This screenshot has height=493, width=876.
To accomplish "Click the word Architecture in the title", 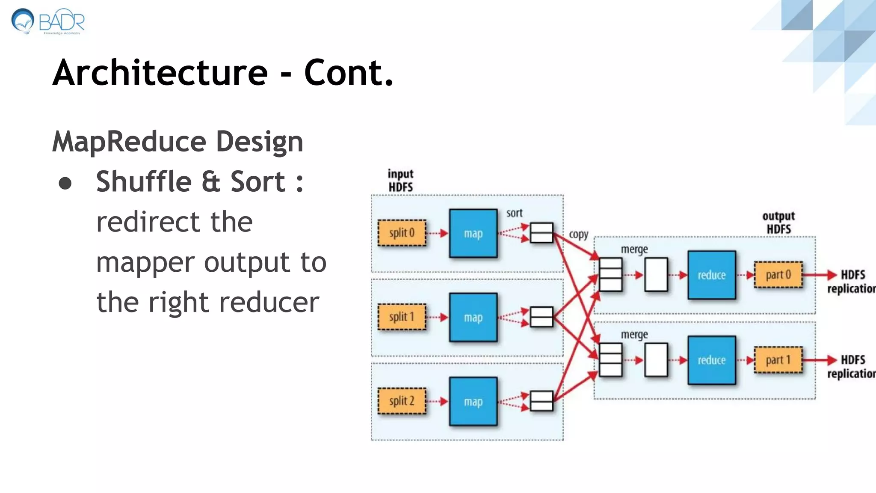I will pyautogui.click(x=160, y=73).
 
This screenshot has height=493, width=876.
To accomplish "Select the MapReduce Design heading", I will pyautogui.click(x=178, y=142).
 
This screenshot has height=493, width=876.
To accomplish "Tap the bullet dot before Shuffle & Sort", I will pyautogui.click(x=65, y=183).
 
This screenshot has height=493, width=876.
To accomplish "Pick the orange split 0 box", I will pyautogui.click(x=402, y=233).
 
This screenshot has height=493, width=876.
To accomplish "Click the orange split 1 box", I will pyautogui.click(x=402, y=317).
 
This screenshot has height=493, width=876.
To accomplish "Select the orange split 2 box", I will pyautogui.click(x=402, y=401).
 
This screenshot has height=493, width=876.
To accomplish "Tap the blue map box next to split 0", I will pyautogui.click(x=473, y=233).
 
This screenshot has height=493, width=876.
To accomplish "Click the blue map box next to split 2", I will pyautogui.click(x=473, y=401).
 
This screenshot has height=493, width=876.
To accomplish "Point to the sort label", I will pyautogui.click(x=514, y=213).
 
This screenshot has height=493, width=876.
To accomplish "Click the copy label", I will pyautogui.click(x=578, y=235).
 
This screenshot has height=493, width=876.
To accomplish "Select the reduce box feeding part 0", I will pyautogui.click(x=711, y=275).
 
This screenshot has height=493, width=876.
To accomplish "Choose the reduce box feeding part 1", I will pyautogui.click(x=711, y=360).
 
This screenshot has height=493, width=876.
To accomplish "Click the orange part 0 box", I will pyautogui.click(x=778, y=275).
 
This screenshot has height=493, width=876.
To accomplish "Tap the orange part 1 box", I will pyautogui.click(x=778, y=360).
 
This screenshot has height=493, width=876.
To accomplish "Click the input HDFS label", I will pyautogui.click(x=400, y=180).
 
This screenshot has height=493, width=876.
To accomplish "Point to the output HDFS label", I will pyautogui.click(x=778, y=223).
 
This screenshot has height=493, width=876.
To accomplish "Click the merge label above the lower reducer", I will pyautogui.click(x=634, y=334).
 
